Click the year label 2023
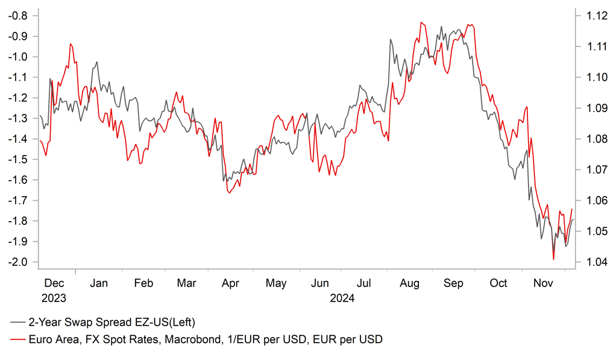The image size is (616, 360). coord(54,298)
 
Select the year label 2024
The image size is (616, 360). coord(342,298)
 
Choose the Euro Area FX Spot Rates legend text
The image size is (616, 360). coord(205,339)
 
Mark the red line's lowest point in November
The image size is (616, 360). coord(553,260)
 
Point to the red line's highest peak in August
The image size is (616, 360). coord(421,22)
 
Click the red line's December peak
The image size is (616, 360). coord(71,43)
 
